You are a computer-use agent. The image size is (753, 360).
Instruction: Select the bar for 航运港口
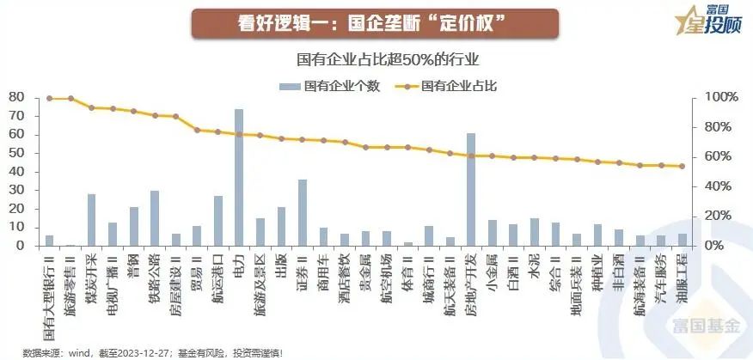218,220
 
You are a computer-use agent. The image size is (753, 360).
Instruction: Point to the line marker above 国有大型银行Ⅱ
49,99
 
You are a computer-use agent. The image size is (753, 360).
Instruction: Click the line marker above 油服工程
682,167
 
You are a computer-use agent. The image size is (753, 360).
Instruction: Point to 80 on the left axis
15,97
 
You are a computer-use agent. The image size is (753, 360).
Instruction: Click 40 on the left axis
15,171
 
